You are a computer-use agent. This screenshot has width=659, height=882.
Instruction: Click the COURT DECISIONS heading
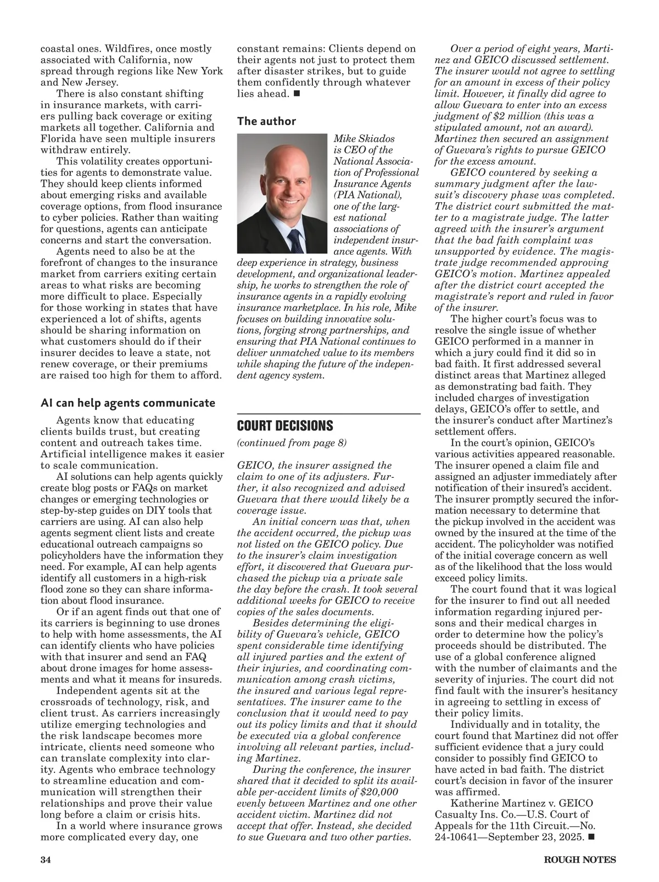(285, 426)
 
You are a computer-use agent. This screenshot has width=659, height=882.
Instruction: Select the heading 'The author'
(266, 121)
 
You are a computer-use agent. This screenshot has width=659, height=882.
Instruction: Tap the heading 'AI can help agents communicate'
(128, 403)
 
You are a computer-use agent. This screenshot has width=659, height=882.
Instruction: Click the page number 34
(46, 860)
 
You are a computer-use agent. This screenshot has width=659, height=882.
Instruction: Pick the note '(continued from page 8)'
(292, 443)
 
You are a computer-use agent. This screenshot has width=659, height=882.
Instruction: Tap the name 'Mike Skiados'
(364, 138)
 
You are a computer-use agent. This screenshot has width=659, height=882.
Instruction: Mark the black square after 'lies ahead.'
(297, 93)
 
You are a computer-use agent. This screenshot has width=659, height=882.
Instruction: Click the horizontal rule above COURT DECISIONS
(328, 412)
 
